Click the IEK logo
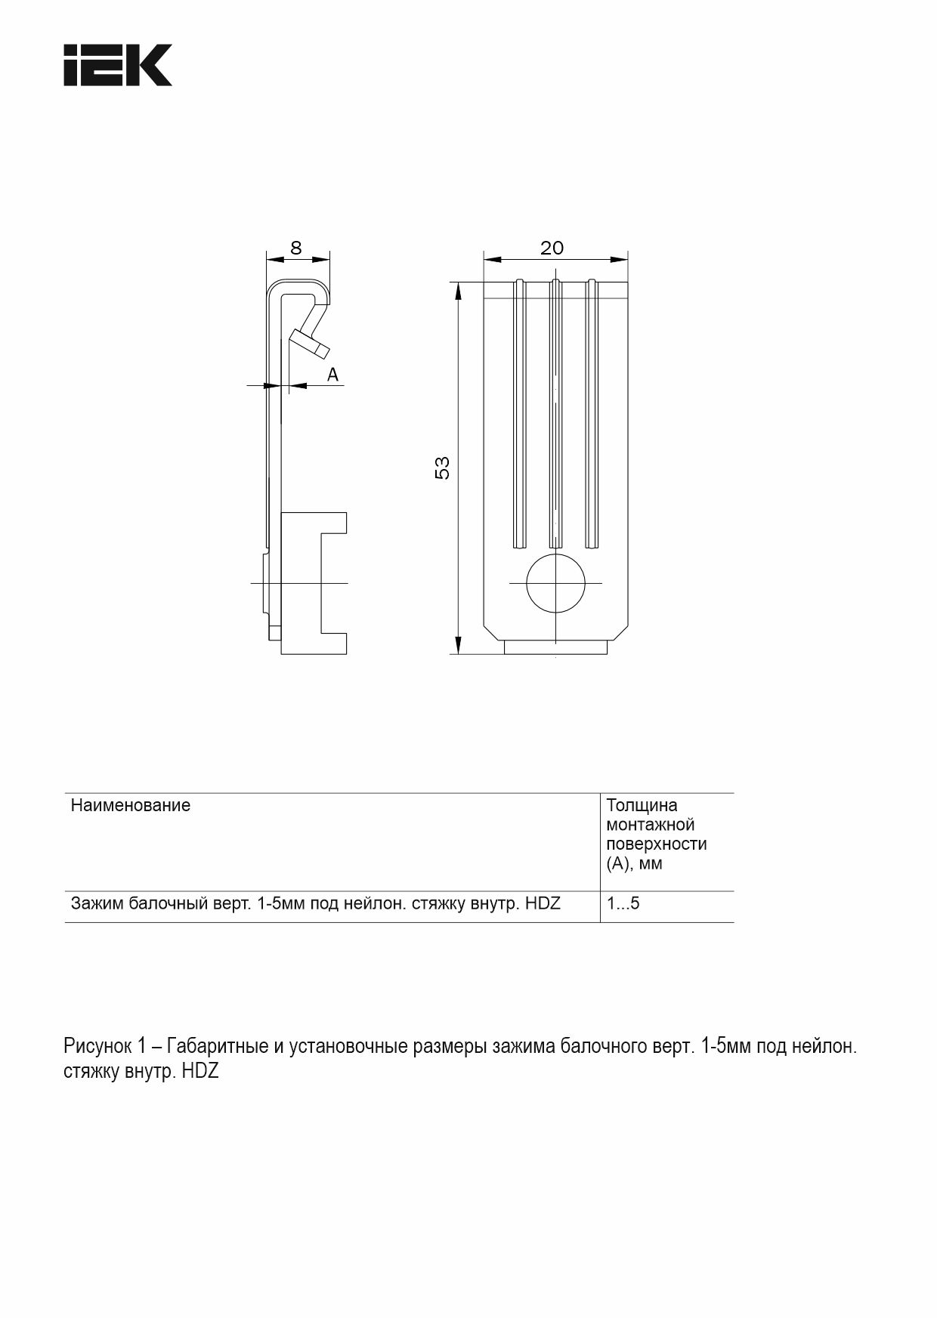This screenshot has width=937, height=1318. pyautogui.click(x=117, y=65)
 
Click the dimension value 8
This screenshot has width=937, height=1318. pyautogui.click(x=296, y=248)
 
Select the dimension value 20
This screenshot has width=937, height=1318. pyautogui.click(x=552, y=248)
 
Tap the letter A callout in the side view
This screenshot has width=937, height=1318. pyautogui.click(x=332, y=375)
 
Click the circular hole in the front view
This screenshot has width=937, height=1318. pyautogui.click(x=555, y=583)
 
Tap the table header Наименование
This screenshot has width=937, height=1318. pyautogui.click(x=130, y=805)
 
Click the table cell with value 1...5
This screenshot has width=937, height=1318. pyautogui.click(x=623, y=903)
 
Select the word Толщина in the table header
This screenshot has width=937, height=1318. pyautogui.click(x=642, y=805)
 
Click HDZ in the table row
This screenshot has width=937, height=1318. pyautogui.click(x=543, y=903)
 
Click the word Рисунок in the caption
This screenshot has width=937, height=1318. pyautogui.click(x=97, y=1047)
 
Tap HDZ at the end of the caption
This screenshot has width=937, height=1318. pyautogui.click(x=199, y=1072)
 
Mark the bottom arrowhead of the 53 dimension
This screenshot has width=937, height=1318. pyautogui.click(x=458, y=646)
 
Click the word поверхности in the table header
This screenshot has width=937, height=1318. pyautogui.click(x=656, y=844)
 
